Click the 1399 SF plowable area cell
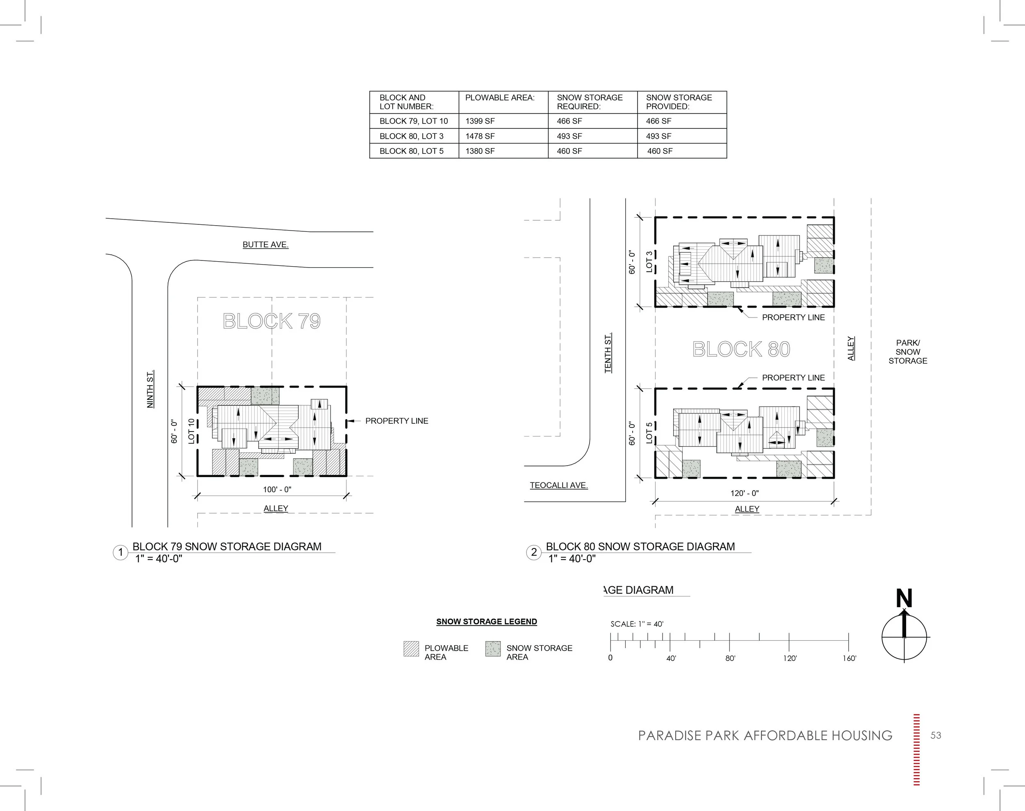pyautogui.click(x=480, y=121)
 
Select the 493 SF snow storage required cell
pyautogui.click(x=569, y=136)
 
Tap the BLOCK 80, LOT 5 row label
pyautogui.click(x=411, y=151)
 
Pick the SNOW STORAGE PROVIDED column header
pyautogui.click(x=679, y=102)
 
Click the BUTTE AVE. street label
pyautogui.click(x=265, y=244)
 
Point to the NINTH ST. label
pyautogui.click(x=150, y=389)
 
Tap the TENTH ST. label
pyautogui.click(x=608, y=353)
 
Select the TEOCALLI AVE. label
pyautogui.click(x=558, y=485)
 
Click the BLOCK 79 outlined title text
pyautogui.click(x=271, y=322)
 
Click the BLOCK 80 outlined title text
pyautogui.click(x=741, y=350)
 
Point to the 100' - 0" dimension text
pyautogui.click(x=277, y=489)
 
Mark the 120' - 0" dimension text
pyautogui.click(x=745, y=493)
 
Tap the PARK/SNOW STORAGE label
pyautogui.click(x=907, y=352)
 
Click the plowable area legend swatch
pyautogui.click(x=411, y=649)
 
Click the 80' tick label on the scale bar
pyautogui.click(x=730, y=658)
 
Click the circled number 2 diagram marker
pyautogui.click(x=534, y=552)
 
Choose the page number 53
pyautogui.click(x=935, y=736)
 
